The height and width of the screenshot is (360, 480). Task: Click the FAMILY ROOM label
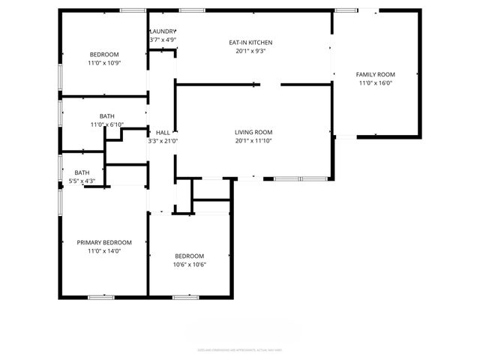(375, 74)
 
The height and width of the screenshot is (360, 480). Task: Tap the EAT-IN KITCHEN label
(250, 43)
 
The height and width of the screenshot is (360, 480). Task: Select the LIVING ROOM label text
(253, 132)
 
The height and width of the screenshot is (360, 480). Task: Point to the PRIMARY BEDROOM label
(104, 242)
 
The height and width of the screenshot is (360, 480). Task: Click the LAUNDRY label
(163, 31)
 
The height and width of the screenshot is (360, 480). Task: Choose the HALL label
(163, 132)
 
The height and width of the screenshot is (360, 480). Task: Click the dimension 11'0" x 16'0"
(375, 83)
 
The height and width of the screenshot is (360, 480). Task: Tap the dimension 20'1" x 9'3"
(250, 52)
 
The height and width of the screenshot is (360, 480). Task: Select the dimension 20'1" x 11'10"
(253, 141)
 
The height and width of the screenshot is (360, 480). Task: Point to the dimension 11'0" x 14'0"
(104, 251)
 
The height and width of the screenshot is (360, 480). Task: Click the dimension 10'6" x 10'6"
(190, 264)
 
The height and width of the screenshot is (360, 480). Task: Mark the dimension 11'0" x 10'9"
(104, 63)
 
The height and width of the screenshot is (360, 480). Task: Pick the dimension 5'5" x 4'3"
(81, 181)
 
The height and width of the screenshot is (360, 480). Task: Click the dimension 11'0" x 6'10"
(106, 124)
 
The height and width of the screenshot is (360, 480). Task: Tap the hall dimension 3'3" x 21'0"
(163, 141)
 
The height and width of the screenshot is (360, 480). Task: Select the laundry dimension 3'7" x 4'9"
(163, 40)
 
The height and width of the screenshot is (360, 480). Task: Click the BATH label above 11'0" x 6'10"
(106, 115)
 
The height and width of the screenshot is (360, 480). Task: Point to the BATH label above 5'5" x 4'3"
(81, 172)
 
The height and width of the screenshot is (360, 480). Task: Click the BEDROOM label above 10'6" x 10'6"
(190, 255)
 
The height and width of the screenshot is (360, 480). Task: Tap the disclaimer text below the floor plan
(239, 349)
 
